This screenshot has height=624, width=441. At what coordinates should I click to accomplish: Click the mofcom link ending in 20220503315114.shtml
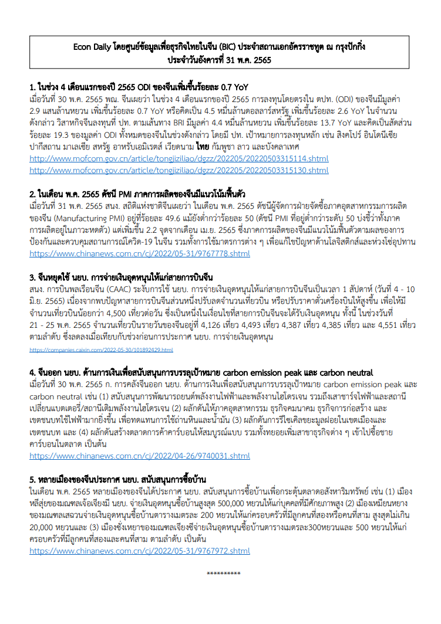[179, 159]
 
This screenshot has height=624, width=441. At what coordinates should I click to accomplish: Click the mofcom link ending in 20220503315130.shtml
[179, 170]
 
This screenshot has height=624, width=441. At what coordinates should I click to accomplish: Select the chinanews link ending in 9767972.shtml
[140, 551]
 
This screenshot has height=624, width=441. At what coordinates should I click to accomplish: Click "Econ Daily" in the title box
[96, 46]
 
